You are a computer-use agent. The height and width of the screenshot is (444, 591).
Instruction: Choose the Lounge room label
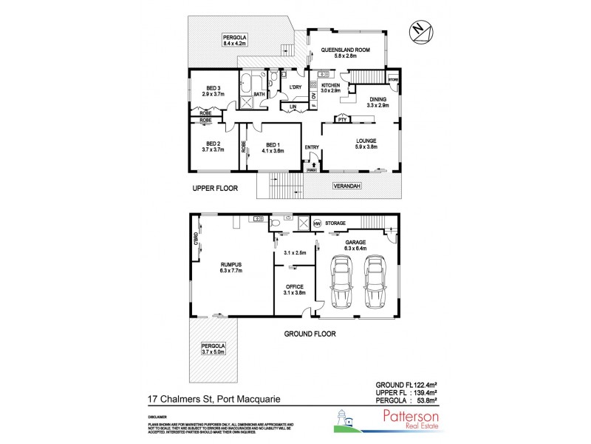366,144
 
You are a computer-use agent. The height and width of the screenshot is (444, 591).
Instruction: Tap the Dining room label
378,103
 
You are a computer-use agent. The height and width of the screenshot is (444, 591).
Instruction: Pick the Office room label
294,289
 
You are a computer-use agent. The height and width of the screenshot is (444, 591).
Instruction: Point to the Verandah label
346,185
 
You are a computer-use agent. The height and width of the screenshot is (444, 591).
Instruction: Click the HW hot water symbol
318,223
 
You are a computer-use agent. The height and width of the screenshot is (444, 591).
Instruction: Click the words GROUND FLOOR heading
310,334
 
